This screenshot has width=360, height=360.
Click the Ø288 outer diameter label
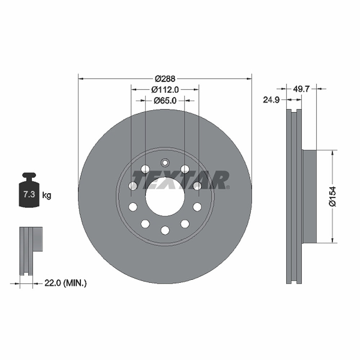pos(165,78)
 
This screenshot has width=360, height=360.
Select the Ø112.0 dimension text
pos(165,89)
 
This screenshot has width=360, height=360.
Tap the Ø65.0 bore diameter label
pos(165,101)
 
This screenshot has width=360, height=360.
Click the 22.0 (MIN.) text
pos(65,283)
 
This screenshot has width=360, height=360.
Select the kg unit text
pos(47,195)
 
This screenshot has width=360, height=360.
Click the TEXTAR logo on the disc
pos(180,180)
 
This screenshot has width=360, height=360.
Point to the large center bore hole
pos(165,197)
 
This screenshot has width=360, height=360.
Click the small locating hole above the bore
pos(165,163)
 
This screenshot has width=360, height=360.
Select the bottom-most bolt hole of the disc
pos(165,230)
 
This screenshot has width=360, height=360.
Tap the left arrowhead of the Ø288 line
pos(80,78)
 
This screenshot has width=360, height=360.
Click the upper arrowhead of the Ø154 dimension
pos(332,153)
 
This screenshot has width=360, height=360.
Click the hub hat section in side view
pos(309,196)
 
